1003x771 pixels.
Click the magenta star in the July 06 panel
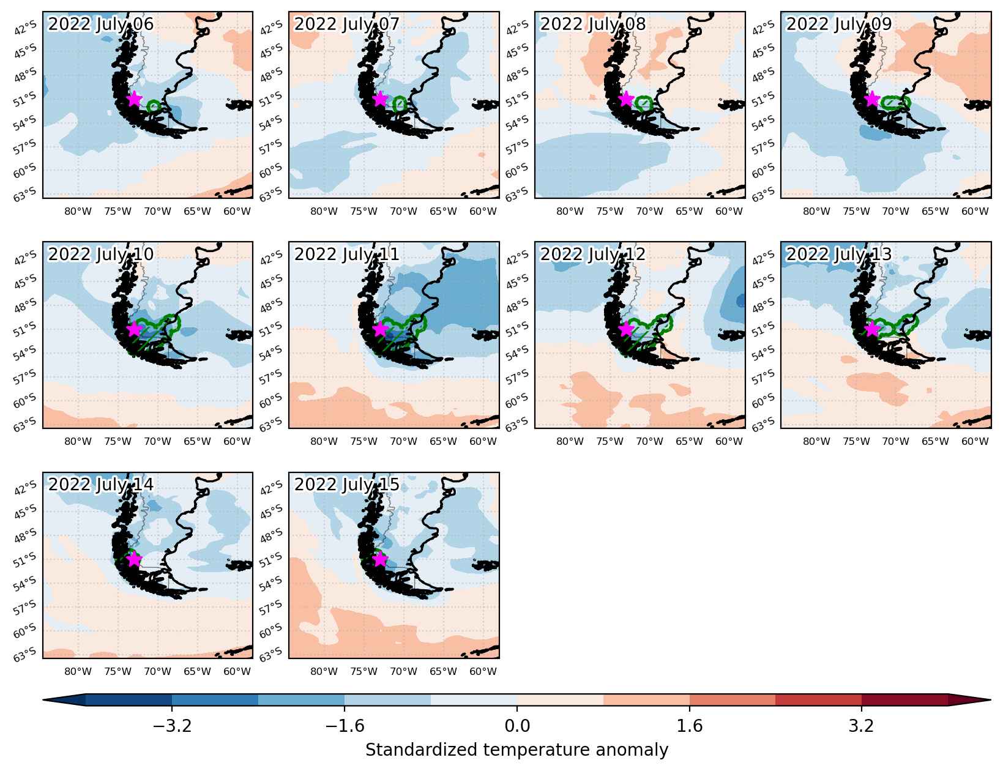(134, 99)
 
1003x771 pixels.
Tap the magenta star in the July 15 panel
(380, 559)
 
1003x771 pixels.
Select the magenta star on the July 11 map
(380, 329)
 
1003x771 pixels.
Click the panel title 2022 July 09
(838, 24)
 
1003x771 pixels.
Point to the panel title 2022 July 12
(592, 254)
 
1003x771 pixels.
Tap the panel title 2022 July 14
(100, 485)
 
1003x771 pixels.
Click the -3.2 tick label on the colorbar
(172, 726)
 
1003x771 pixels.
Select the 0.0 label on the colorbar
(517, 726)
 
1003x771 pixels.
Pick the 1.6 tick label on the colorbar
(690, 726)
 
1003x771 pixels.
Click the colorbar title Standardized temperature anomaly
(516, 750)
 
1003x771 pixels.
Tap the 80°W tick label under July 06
(78, 211)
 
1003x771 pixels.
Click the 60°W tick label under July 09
(975, 211)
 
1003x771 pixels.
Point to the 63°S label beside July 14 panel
(24, 655)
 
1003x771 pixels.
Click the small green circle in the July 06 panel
(154, 106)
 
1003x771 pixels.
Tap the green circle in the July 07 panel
(400, 103)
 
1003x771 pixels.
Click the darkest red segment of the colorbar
(904, 700)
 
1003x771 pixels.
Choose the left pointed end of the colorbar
(43, 700)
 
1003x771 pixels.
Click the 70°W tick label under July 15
(403, 671)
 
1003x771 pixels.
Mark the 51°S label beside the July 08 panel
(516, 100)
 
